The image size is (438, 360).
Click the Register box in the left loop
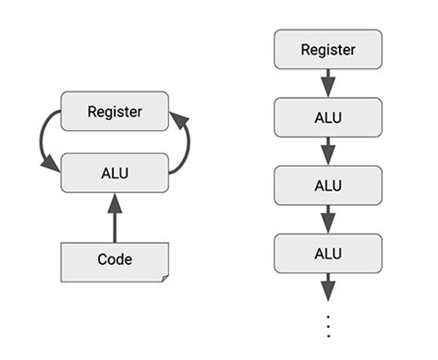click(115, 111)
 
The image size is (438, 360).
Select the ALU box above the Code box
click(115, 172)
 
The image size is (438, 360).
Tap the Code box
click(115, 261)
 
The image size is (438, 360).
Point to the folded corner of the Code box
click(164, 277)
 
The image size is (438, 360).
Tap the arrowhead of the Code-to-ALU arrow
click(115, 203)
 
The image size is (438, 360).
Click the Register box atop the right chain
click(328, 49)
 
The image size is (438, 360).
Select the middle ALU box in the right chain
click(328, 185)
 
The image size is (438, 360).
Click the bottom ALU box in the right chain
click(328, 252)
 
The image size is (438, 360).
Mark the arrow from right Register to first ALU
click(328, 82)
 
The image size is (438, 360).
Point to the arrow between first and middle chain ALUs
click(328, 150)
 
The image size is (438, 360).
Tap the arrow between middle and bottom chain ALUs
click(328, 218)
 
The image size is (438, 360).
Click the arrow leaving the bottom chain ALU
click(328, 287)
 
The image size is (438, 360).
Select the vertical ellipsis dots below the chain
click(328, 325)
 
